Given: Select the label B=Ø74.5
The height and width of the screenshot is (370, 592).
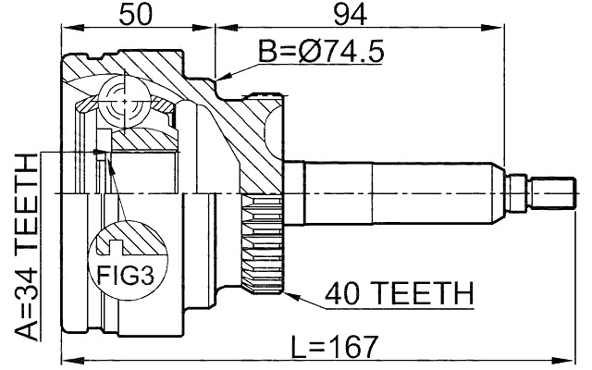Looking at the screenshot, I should (320, 54).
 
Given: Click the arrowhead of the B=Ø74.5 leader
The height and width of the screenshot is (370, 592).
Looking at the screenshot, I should (217, 76).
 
